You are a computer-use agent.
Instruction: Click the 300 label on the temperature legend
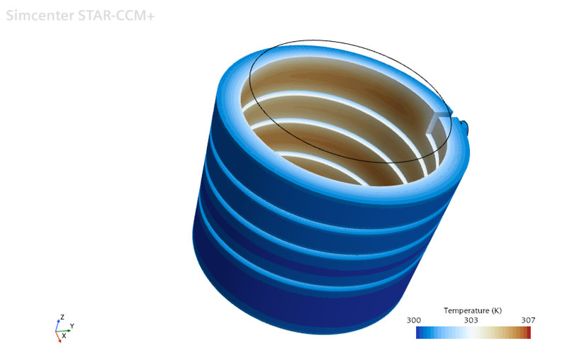point(415,320)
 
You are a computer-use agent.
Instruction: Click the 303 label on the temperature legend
point(471,320)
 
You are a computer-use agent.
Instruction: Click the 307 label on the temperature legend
point(528,320)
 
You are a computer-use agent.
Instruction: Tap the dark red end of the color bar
point(528,332)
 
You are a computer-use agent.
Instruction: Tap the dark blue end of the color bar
point(419,332)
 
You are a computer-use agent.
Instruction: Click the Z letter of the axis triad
point(62,317)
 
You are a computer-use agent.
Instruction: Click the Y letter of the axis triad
point(72,326)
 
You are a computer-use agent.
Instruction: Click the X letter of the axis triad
point(63,336)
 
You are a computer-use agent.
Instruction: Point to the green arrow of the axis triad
point(65,330)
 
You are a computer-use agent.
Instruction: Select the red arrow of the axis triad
point(59,337)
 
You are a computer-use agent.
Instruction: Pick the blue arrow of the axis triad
point(58,324)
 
